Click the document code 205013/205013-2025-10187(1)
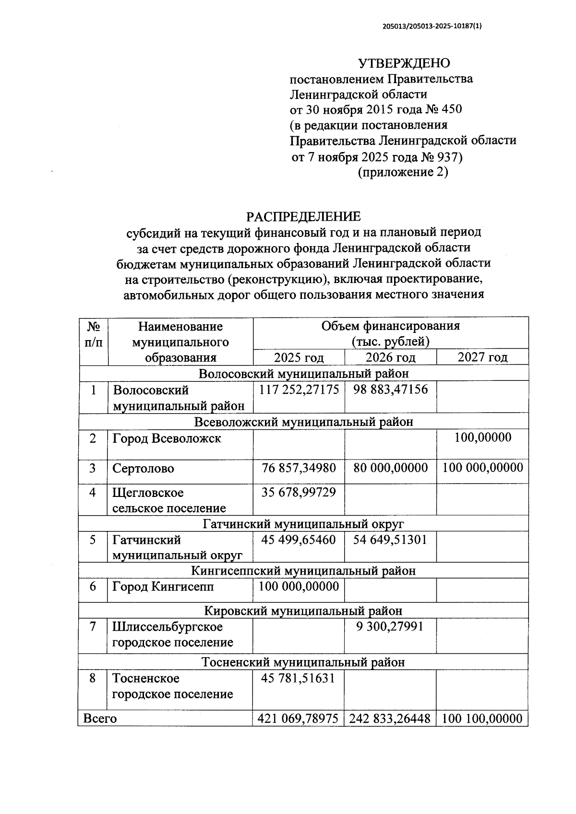432,27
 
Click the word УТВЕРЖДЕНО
404,63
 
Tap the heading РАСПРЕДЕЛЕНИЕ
303,217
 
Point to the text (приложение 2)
403,172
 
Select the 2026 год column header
390,357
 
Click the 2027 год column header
482,357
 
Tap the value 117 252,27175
299,389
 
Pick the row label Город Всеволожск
167,438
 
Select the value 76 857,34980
299,468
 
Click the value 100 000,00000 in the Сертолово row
482,468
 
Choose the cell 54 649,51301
390,540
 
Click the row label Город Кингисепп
163,587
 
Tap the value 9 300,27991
390,626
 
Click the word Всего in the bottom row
100,719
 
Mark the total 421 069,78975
299,719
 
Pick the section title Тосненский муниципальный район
303,662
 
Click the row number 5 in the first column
93,540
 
